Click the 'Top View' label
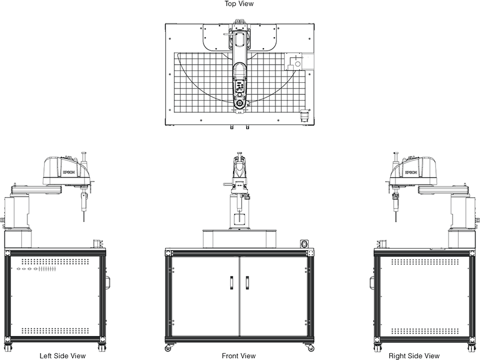click(239, 3)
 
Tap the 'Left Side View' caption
click(62, 355)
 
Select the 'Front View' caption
click(238, 355)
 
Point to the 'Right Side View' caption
click(414, 355)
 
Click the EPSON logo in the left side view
click(69, 173)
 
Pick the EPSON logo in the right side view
click(411, 173)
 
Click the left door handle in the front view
click(231, 282)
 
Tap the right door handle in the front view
click(247, 282)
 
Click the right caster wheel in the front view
click(310, 348)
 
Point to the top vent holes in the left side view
click(55, 262)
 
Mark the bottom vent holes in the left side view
click(55, 331)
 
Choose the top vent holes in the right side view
click(425, 262)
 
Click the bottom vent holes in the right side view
click(425, 331)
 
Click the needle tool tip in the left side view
click(84, 221)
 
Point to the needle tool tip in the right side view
click(397, 221)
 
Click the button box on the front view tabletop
click(303, 244)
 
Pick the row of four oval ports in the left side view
click(27, 269)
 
